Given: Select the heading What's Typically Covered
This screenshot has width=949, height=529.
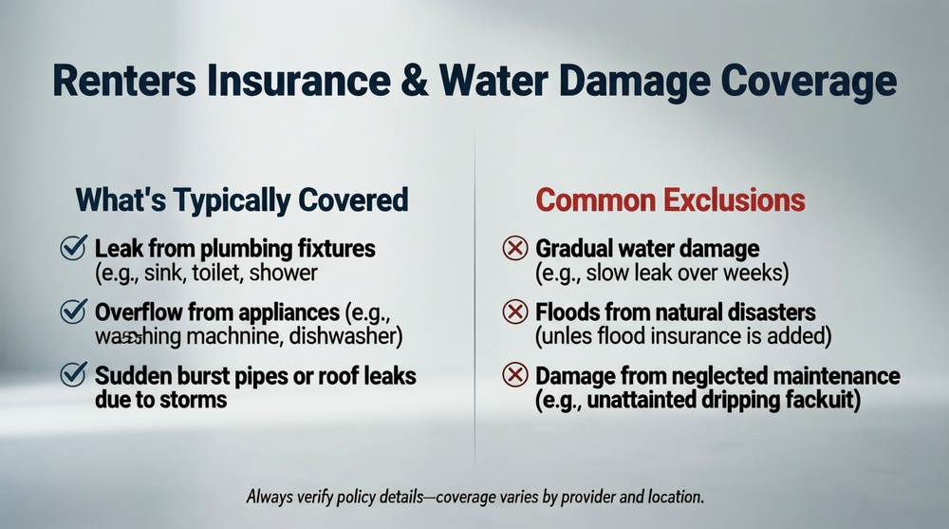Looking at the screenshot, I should click(x=241, y=200).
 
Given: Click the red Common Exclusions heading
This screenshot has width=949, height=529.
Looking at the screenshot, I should click(x=670, y=200).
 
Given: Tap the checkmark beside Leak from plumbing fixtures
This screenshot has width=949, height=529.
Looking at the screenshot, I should click(x=73, y=250).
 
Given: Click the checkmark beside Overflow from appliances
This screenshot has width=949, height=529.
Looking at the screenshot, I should click(x=73, y=312).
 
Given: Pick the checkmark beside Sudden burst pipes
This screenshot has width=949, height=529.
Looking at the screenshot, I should click(x=73, y=375).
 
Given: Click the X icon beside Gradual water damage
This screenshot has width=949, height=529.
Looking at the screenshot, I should click(x=513, y=250).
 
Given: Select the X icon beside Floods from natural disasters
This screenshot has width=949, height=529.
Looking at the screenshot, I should click(x=513, y=312).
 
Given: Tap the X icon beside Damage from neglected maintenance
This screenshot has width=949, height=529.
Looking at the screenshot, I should click(x=513, y=375).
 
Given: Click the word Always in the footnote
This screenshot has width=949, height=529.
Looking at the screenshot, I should click(x=270, y=497).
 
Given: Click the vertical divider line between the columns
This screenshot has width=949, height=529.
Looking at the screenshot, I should click(x=474, y=285).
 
